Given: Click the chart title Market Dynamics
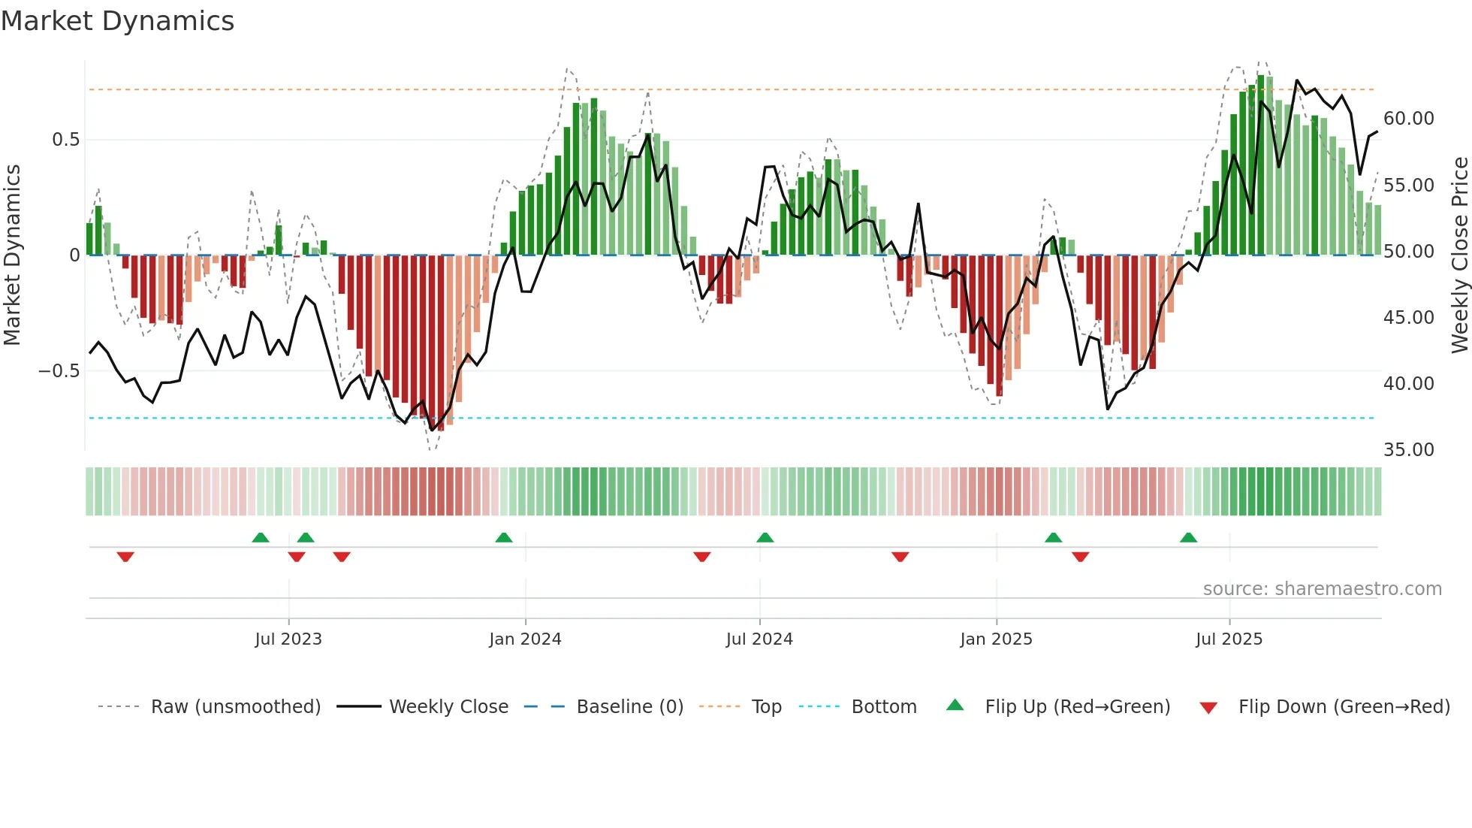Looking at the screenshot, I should click(x=117, y=21).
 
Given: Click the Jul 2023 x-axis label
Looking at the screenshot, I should click(x=288, y=639).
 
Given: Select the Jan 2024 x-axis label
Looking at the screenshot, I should click(x=525, y=639).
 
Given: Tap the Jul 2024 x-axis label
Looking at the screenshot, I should click(x=759, y=639).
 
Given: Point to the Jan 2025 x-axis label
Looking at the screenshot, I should click(x=996, y=639).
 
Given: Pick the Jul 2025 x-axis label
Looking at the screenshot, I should click(x=1229, y=639).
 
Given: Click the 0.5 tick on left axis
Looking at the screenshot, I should click(x=65, y=140).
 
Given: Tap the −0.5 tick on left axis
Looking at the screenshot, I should click(x=59, y=371).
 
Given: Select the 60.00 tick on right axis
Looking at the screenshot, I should click(x=1408, y=119).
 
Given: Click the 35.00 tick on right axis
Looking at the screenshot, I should click(x=1408, y=450).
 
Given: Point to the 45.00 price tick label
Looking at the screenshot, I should click(x=1408, y=318).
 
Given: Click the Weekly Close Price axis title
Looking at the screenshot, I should click(x=1459, y=255).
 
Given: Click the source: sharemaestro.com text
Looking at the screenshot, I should click(x=1322, y=589).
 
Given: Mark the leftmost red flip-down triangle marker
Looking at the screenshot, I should click(x=125, y=557).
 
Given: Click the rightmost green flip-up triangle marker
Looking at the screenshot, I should click(x=1188, y=538).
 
